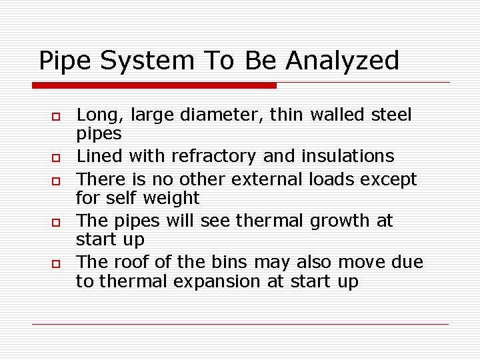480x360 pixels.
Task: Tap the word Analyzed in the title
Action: point(342,61)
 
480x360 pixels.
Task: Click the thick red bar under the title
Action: point(154,85)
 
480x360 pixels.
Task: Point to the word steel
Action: point(391,115)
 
